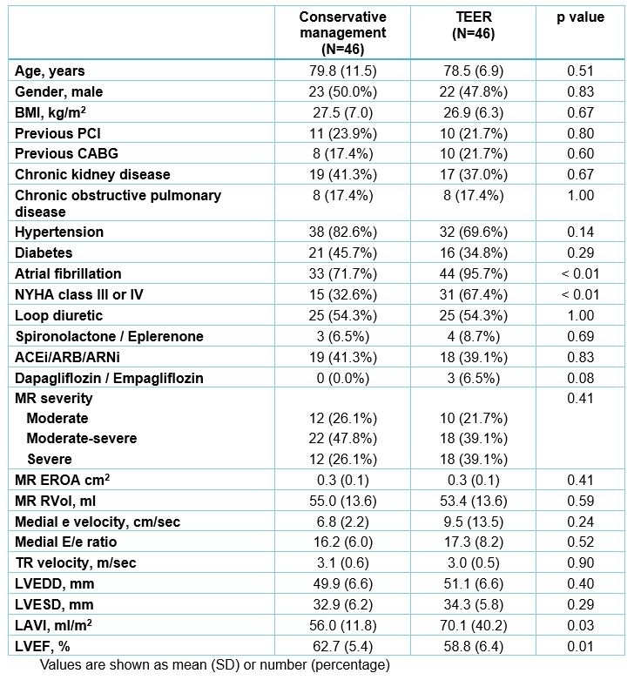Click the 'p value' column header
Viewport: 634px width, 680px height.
tap(581, 17)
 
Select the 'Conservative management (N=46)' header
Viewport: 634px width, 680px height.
tap(342, 33)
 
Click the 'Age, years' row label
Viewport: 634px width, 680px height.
tap(50, 71)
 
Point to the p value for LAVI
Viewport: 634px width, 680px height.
tap(581, 625)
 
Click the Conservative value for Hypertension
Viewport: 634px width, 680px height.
tap(342, 232)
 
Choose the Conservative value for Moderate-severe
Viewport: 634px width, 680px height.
tap(342, 439)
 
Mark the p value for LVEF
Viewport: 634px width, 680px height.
tap(581, 646)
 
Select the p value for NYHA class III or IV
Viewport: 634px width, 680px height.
tap(581, 294)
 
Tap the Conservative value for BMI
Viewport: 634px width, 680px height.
tap(342, 112)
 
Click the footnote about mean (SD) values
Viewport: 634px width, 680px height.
tap(212, 666)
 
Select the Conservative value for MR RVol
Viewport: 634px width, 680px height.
tap(342, 501)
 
